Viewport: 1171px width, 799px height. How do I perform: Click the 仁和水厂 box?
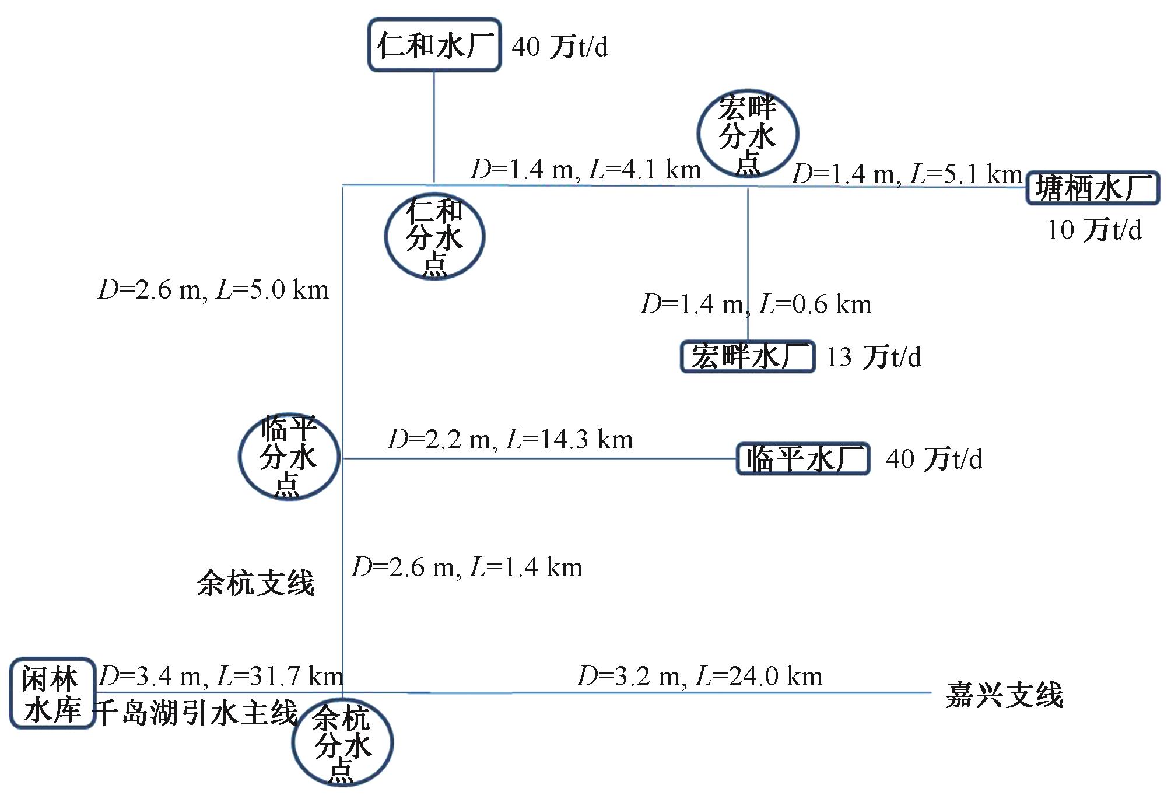pyautogui.click(x=434, y=45)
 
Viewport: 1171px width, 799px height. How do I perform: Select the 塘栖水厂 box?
pyautogui.click(x=1092, y=188)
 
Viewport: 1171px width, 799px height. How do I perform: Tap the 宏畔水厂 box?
pyautogui.click(x=748, y=356)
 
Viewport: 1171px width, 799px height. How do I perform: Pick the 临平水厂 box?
pyautogui.click(x=803, y=459)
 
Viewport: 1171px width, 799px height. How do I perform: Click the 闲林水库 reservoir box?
pyautogui.click(x=52, y=693)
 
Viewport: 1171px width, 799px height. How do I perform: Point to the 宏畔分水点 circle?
pyautogui.click(x=748, y=134)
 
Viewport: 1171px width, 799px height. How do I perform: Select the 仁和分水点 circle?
pyautogui.click(x=434, y=236)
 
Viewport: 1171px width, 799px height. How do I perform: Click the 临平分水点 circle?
pyautogui.click(x=289, y=456)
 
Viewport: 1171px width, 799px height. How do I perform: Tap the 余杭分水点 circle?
pyautogui.click(x=342, y=743)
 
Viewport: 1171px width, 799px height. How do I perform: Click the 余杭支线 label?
pyautogui.click(x=255, y=583)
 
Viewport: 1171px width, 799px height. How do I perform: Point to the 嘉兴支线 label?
pyautogui.click(x=1004, y=695)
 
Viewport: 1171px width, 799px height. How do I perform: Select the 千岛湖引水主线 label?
pyautogui.click(x=197, y=713)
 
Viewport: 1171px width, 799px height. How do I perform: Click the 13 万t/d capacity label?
pyautogui.click(x=874, y=357)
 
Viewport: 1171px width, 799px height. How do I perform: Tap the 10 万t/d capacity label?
pyautogui.click(x=1094, y=230)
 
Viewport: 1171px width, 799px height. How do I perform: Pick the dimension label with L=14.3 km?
pyautogui.click(x=510, y=440)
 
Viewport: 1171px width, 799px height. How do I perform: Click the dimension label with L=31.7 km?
pyautogui.click(x=221, y=677)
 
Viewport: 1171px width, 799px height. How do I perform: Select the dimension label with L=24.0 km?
pyautogui.click(x=700, y=677)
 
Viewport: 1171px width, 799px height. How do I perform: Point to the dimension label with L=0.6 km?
pyautogui.click(x=756, y=304)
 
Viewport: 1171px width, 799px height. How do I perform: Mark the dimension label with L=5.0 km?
pyautogui.click(x=213, y=290)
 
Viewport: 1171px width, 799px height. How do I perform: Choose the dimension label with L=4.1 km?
pyautogui.click(x=585, y=170)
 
